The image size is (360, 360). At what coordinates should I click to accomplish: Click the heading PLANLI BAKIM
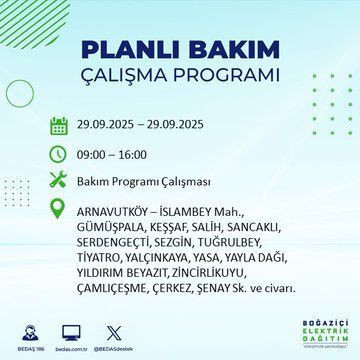179,50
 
